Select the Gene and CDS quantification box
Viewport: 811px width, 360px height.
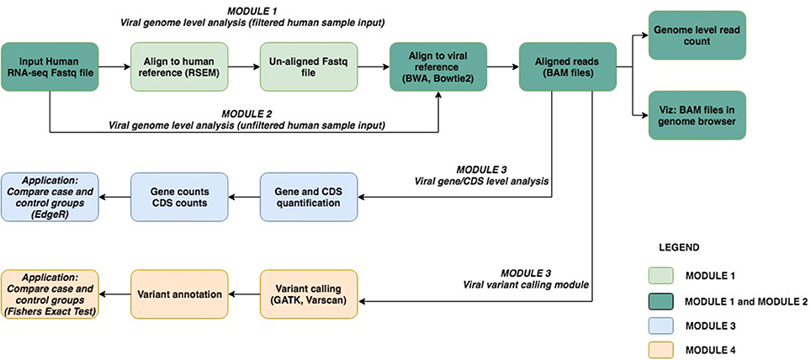(309, 197)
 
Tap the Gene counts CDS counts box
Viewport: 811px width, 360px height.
(179, 197)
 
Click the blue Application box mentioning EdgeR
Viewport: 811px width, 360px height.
(50, 197)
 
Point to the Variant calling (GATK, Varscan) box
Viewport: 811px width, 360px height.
(309, 294)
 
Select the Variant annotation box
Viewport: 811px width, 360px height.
(179, 294)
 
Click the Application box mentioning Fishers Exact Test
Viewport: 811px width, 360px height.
(50, 294)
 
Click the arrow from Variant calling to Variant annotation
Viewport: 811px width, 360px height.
(244, 294)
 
